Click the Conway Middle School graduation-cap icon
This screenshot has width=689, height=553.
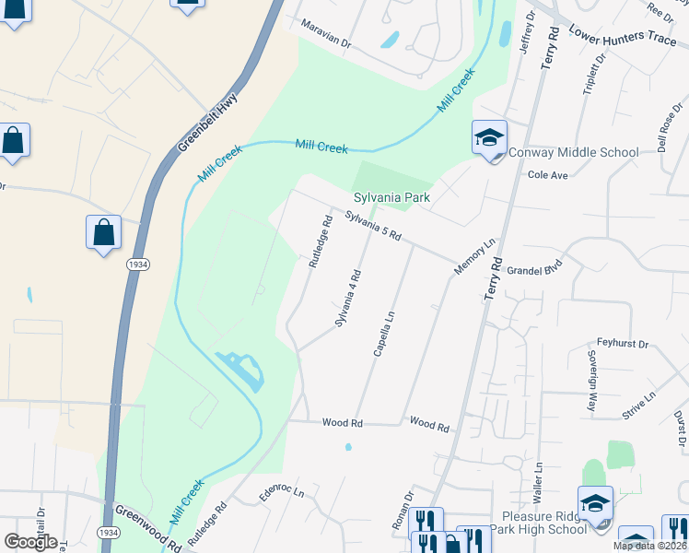(x=489, y=138)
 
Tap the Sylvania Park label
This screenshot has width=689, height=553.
(x=392, y=197)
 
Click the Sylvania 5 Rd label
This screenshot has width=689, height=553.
(x=373, y=224)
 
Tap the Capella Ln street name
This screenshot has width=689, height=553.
(x=384, y=333)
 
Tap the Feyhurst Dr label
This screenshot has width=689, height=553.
(x=623, y=343)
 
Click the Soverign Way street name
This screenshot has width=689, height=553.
(x=591, y=379)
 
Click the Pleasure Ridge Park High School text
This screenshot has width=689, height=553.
(x=544, y=523)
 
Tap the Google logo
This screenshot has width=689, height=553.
(x=30, y=541)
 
